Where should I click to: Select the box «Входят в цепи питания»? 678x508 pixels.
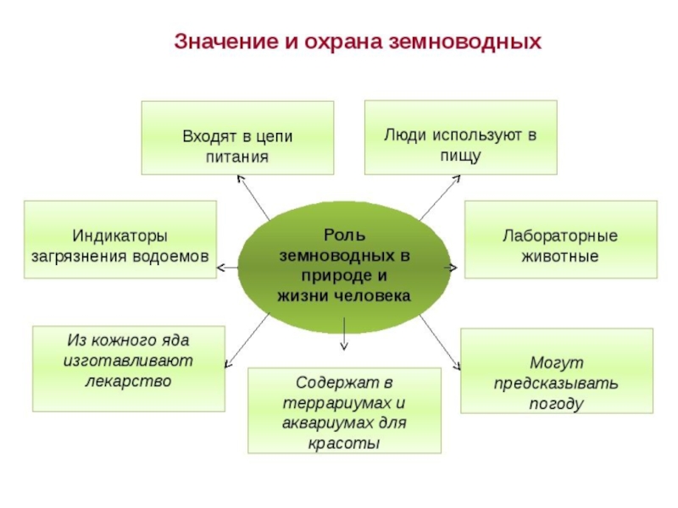click(237, 138)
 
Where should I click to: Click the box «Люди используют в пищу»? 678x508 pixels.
click(461, 137)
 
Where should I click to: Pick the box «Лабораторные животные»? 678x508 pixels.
click(560, 239)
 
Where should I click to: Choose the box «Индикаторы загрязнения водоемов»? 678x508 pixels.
click(120, 239)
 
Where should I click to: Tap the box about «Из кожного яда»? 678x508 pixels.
click(129, 369)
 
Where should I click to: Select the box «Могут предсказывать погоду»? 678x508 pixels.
click(557, 372)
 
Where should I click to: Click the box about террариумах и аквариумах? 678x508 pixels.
click(344, 410)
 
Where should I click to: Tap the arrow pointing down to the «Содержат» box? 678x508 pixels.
click(344, 334)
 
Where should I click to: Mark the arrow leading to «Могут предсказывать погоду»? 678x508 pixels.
click(441, 344)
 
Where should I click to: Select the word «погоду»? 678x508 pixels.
click(557, 403)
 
